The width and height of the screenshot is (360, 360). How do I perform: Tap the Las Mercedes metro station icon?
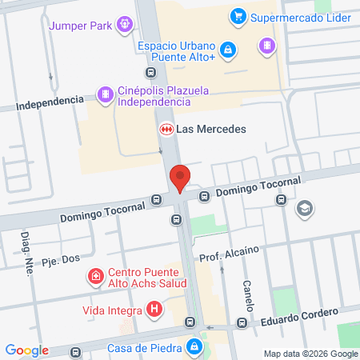pyautogui.click(x=166, y=129)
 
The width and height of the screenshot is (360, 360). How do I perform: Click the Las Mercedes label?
pyautogui.click(x=211, y=129)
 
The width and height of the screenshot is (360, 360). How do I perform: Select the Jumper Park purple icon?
pyautogui.click(x=124, y=24)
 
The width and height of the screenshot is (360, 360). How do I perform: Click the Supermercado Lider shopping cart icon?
pyautogui.click(x=237, y=16)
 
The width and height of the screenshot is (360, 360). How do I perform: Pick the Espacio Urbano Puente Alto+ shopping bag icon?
pyautogui.click(x=229, y=51)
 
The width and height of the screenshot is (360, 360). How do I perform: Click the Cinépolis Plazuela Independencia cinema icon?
pyautogui.click(x=104, y=95)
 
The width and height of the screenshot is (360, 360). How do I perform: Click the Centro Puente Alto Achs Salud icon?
pyautogui.click(x=96, y=277)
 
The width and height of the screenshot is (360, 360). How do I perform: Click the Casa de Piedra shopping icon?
pyautogui.click(x=194, y=347)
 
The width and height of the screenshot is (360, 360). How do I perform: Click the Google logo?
pyautogui.click(x=26, y=350)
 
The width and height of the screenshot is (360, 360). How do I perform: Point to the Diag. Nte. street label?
pyautogui.click(x=28, y=255)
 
